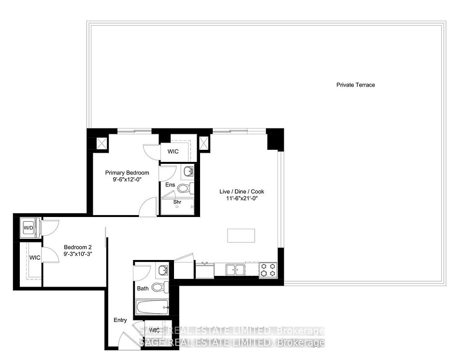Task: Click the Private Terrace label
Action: click(x=355, y=85)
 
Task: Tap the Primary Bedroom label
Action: click(x=127, y=173)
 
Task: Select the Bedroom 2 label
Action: click(x=78, y=247)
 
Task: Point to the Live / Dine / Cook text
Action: click(x=242, y=192)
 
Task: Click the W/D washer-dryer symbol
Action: click(x=29, y=228)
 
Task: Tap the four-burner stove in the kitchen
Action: click(x=268, y=270)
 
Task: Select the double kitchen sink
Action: click(x=235, y=270)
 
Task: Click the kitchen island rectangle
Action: click(x=241, y=235)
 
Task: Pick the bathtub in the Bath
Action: click(x=152, y=307)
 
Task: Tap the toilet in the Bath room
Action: click(x=160, y=287)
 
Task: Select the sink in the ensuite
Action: click(x=188, y=171)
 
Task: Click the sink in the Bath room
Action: click(x=163, y=270)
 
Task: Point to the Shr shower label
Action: click(x=177, y=202)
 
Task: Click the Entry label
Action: click(x=120, y=320)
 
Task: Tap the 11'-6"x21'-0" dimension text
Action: click(x=242, y=199)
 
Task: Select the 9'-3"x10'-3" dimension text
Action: click(x=78, y=254)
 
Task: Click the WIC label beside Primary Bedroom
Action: click(x=173, y=151)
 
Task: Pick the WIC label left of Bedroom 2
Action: click(x=35, y=258)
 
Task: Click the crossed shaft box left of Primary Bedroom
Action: click(x=101, y=144)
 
